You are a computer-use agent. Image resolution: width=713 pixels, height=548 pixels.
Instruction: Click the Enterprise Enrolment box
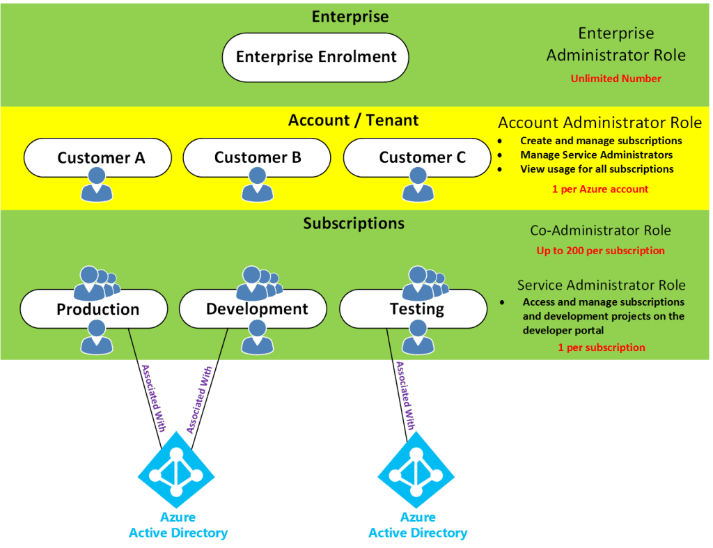(x=315, y=57)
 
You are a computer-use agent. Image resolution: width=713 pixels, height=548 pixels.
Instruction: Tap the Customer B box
(x=257, y=157)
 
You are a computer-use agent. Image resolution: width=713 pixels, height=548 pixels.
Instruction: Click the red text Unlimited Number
(x=616, y=79)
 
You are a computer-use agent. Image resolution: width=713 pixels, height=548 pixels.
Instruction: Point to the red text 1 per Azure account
(x=600, y=189)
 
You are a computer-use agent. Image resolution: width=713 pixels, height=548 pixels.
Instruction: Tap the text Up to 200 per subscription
(x=600, y=250)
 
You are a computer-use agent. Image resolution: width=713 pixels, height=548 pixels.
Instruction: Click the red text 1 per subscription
(x=601, y=347)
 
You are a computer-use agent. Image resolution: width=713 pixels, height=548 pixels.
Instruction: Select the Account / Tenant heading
(x=354, y=120)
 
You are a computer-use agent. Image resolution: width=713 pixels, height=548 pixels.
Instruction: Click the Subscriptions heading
(x=354, y=224)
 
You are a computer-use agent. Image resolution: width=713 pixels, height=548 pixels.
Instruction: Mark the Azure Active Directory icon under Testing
(x=416, y=474)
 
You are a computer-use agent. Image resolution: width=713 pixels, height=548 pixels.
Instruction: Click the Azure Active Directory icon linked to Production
(x=176, y=474)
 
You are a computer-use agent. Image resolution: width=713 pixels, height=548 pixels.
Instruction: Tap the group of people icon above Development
(x=258, y=283)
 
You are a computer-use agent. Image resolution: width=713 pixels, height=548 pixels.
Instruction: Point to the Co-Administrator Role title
(x=600, y=231)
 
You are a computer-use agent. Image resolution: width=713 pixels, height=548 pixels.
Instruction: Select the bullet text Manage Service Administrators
(x=596, y=155)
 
